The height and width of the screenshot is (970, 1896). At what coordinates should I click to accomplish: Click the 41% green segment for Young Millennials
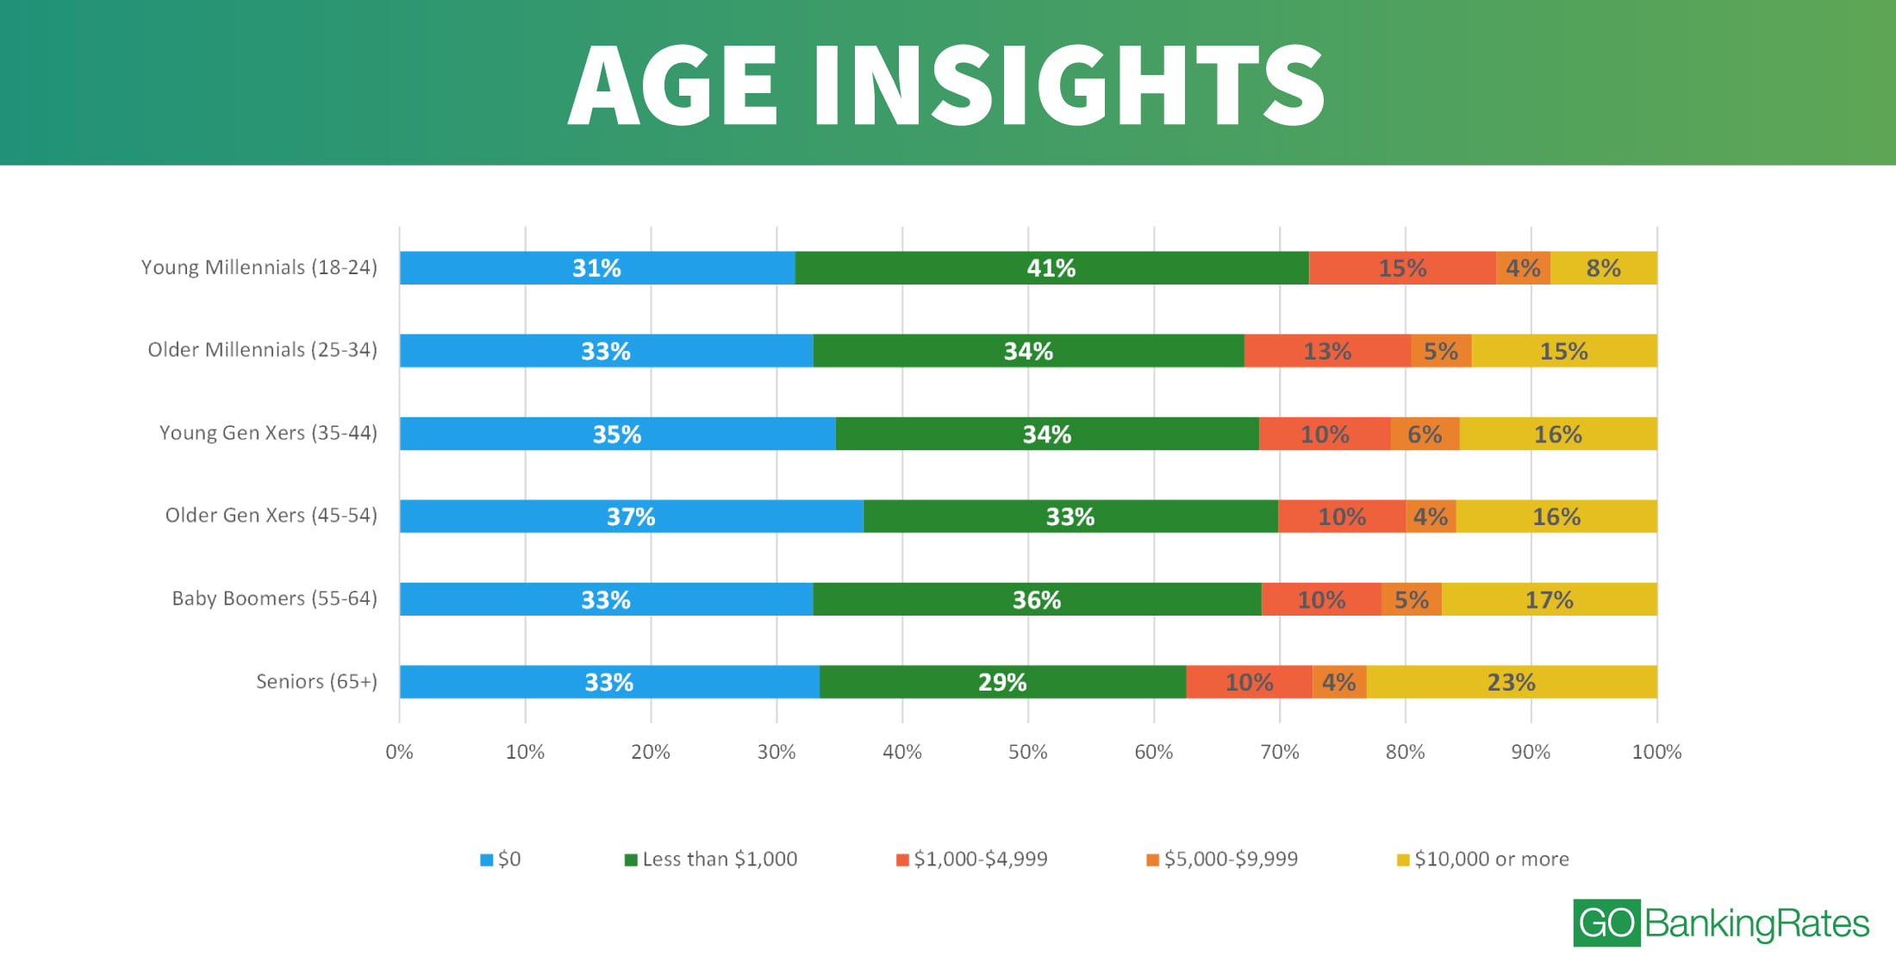(x=1051, y=268)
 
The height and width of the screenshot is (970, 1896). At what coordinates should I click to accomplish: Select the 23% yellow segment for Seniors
(x=1512, y=682)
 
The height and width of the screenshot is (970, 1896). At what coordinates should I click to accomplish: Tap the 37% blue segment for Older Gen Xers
(x=631, y=516)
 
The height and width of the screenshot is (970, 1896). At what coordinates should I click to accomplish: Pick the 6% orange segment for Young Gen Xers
(x=1425, y=434)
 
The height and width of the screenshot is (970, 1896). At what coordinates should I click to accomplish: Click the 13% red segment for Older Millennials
(x=1327, y=351)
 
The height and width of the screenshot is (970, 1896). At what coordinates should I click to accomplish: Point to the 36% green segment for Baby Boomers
(x=1037, y=599)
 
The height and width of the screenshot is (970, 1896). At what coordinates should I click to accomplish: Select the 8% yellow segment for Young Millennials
(x=1603, y=268)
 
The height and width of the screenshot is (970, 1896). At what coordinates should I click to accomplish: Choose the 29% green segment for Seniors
(x=1002, y=682)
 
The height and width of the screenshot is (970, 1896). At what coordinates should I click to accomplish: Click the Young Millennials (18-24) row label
(x=259, y=267)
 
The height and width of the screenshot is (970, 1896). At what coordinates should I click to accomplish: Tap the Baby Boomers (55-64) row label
(x=274, y=598)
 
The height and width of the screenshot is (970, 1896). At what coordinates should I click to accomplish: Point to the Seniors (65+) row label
(x=316, y=681)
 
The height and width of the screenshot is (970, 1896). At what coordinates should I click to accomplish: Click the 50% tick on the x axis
(x=1027, y=752)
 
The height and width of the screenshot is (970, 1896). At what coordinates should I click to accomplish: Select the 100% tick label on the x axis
(x=1656, y=752)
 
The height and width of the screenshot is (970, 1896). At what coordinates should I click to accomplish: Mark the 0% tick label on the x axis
(x=399, y=752)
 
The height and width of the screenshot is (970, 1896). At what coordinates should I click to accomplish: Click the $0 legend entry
(x=501, y=859)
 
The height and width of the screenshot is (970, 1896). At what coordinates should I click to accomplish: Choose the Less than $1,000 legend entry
(x=712, y=859)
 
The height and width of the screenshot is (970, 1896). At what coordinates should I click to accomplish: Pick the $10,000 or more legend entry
(x=1483, y=859)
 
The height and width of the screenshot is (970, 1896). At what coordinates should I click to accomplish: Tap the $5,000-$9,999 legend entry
(x=1222, y=859)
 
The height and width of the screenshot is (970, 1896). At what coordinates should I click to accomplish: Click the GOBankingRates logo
(x=1720, y=923)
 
